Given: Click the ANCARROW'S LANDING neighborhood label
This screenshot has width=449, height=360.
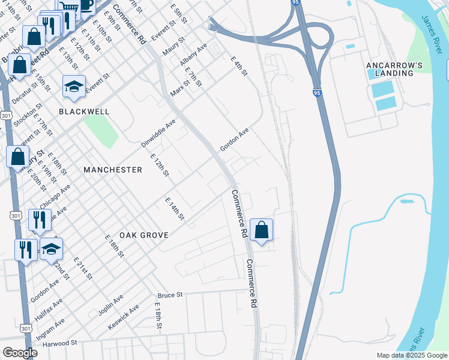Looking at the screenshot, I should click(x=391, y=68).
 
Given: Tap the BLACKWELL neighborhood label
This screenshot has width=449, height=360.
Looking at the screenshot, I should click(x=84, y=112).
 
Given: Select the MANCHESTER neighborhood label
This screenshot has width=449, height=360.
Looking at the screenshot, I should click(x=113, y=170).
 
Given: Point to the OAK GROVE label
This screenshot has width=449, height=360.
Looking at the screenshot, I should click(x=143, y=235).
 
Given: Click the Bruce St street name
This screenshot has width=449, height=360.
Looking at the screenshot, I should click(x=170, y=296).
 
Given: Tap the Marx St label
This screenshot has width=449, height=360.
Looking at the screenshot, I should click(x=179, y=80).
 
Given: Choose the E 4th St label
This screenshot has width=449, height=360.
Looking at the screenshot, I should click(x=239, y=67).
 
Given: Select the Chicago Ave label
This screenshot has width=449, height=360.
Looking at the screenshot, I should click(x=55, y=196).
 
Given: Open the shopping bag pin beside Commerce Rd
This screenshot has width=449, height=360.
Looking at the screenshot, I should click(x=261, y=229).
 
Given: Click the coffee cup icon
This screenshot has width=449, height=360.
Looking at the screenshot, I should click(x=86, y=5).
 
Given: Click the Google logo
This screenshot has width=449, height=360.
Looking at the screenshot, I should click(x=20, y=353).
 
